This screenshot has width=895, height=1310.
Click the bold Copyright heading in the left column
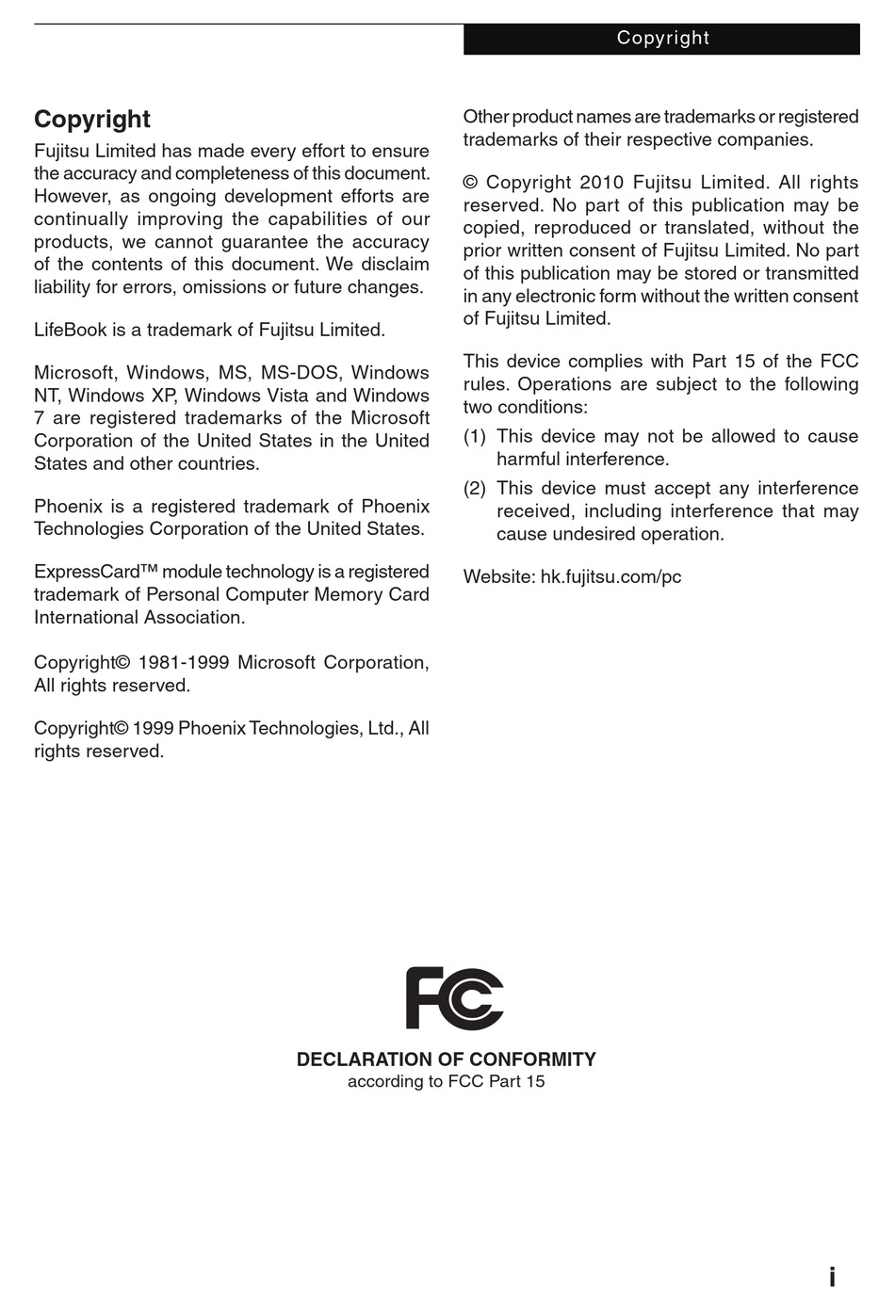(92, 120)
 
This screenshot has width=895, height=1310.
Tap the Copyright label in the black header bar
(662, 39)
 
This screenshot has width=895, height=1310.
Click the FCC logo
(454, 998)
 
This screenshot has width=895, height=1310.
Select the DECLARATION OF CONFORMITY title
(446, 1059)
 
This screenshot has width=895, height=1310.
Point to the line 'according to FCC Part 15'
(446, 1081)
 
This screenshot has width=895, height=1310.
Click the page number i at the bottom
(832, 1277)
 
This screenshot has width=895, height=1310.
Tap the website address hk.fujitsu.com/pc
(610, 577)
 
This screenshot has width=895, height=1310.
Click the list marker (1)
(475, 437)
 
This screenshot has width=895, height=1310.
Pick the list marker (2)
(475, 489)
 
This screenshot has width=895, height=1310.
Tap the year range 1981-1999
(183, 663)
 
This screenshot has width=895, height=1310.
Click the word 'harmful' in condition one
(528, 460)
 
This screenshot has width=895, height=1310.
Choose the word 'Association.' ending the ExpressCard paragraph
(194, 618)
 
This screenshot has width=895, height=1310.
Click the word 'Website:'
(498, 577)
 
